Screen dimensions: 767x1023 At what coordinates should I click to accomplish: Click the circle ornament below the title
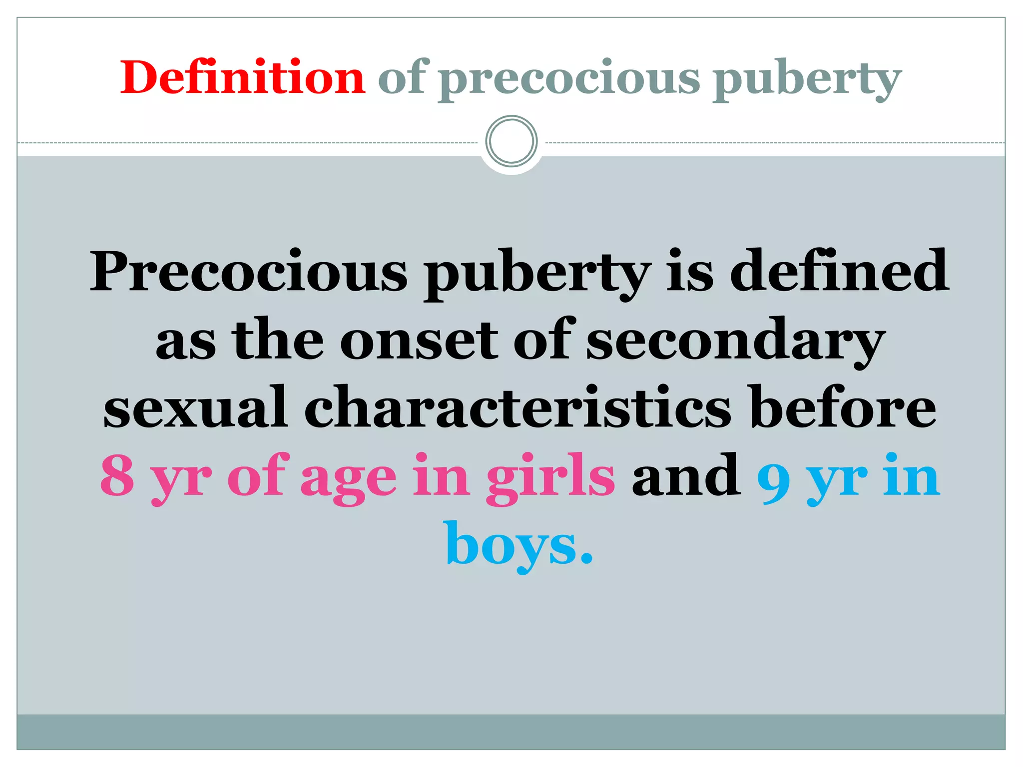coord(511,141)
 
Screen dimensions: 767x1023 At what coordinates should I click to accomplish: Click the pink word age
coord(349,479)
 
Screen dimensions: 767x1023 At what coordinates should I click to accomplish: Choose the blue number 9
coord(774,478)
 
